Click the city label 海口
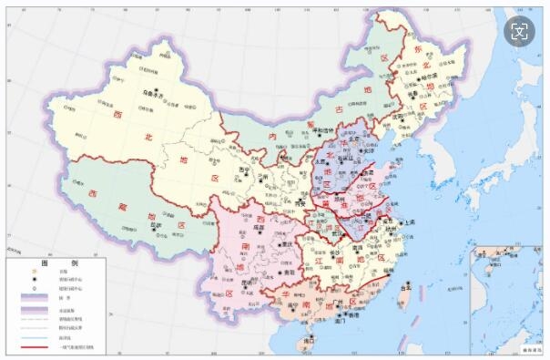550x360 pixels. click(x=311, y=340)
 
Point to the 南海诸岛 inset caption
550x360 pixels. click(x=527, y=349)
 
